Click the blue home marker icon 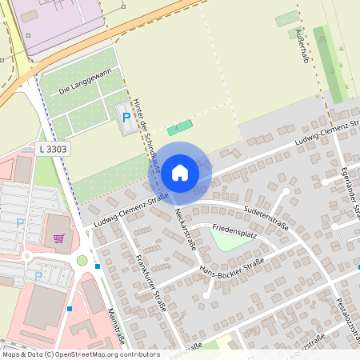tap(179, 172)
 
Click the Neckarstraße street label tap(185, 230)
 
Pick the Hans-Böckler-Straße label tap(232, 266)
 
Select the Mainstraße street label tap(114, 325)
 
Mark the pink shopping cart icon tap(58, 238)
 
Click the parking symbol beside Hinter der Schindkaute tap(126, 118)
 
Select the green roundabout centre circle tap(82, 260)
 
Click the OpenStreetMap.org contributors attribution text tap(104, 354)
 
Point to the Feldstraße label tap(185, 350)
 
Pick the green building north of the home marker tap(180, 127)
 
